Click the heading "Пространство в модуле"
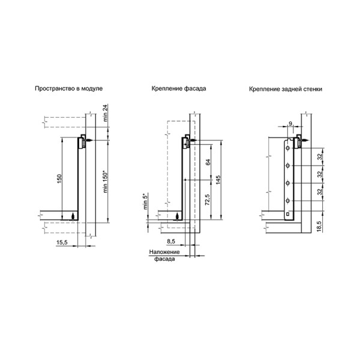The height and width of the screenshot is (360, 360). [x=68, y=89]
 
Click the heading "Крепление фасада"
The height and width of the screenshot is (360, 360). [x=179, y=89]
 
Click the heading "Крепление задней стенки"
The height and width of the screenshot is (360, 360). [x=286, y=89]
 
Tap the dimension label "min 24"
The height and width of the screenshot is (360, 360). [x=106, y=113]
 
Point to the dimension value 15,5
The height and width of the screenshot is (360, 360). [x=62, y=242]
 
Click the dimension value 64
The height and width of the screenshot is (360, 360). [x=208, y=162]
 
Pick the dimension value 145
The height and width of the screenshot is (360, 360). [x=218, y=179]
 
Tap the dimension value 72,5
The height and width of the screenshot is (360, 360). [x=208, y=199]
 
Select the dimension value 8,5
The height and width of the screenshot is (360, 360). [x=171, y=241]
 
